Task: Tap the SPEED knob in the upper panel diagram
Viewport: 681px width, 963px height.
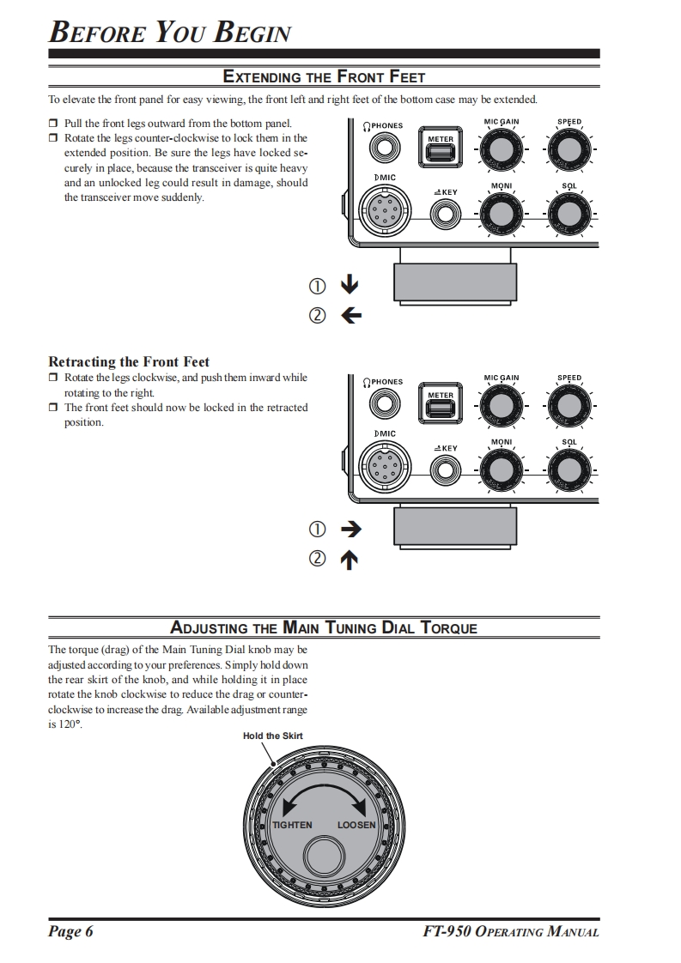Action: pos(569,151)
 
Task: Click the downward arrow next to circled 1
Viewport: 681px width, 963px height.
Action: pos(350,285)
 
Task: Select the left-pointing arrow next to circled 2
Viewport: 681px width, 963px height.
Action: pos(350,316)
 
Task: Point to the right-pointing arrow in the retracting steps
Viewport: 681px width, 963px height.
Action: pos(350,530)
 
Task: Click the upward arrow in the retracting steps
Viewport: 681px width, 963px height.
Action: pos(350,560)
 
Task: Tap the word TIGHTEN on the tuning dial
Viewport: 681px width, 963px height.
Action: pos(292,825)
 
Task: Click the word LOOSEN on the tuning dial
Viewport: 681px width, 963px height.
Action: pos(356,825)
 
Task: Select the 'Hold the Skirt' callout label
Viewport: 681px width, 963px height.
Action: pos(272,736)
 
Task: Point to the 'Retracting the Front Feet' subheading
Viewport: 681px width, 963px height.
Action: pos(129,361)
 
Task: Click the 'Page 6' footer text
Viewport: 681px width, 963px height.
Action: pos(70,932)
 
